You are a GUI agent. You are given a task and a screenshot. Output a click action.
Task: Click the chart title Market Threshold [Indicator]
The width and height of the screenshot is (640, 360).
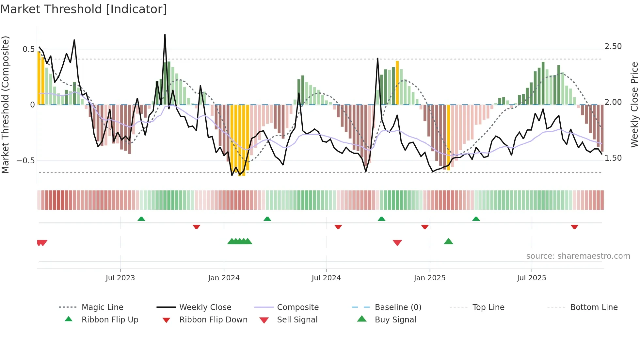84,9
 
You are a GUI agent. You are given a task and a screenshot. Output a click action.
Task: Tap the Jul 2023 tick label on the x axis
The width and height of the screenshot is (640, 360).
120,278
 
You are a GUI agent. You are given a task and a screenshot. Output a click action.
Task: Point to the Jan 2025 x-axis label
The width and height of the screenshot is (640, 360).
429,278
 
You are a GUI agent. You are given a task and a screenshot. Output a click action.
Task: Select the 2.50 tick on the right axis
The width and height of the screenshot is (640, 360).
613,46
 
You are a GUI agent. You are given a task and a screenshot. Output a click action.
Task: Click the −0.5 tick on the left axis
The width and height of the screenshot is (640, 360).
25,160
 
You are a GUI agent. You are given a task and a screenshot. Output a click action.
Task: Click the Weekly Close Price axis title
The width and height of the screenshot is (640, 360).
634,105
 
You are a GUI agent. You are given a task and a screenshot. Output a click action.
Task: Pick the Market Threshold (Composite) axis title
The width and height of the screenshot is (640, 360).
5,105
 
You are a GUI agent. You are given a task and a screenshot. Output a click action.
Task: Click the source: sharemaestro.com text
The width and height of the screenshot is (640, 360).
578,256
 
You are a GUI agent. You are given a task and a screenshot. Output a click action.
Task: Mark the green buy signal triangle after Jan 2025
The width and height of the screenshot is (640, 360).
448,241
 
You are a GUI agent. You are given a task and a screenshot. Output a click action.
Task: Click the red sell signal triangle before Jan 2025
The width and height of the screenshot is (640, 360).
397,242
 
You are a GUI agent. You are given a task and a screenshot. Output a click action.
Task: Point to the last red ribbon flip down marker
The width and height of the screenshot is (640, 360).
574,227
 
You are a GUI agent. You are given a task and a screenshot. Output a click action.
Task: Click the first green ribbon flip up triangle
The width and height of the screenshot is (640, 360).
141,219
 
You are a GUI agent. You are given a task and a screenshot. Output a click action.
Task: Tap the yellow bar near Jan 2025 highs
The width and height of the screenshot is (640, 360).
397,82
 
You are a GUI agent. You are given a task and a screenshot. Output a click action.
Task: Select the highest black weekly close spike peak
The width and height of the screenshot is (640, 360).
165,35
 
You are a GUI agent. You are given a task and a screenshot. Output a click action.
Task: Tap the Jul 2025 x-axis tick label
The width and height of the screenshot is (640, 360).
531,278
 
